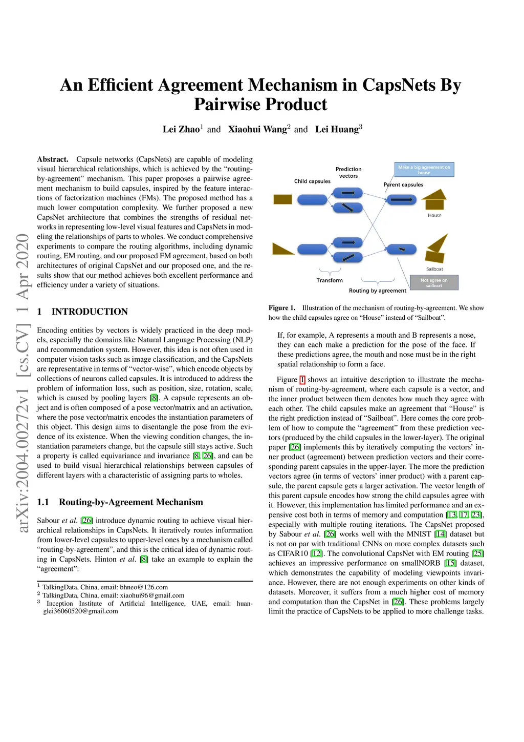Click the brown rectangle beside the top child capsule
[282, 199]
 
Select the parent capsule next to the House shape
[402, 199]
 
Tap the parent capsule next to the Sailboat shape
[402, 250]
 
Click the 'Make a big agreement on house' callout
[424, 170]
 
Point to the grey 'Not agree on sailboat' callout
[434, 282]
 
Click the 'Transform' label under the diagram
[330, 280]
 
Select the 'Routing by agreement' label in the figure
[377, 291]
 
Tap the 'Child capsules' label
[312, 181]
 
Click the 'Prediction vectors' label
[348, 173]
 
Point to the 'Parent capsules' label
[403, 184]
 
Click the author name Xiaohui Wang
[257, 130]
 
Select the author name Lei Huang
[337, 130]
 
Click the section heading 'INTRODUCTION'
[90, 312]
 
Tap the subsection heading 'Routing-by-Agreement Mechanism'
[130, 502]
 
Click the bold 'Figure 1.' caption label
[282, 308]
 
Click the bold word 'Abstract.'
[53, 159]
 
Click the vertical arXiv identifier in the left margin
[23, 382]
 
